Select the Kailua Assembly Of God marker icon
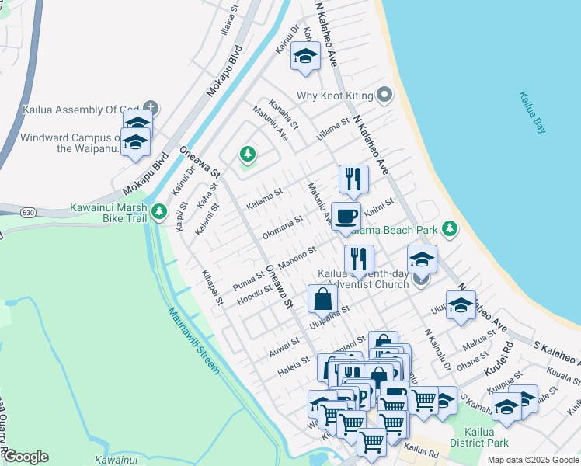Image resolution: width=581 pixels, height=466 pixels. [x=151, y=109]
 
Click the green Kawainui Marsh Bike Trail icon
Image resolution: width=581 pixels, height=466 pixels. [x=159, y=211]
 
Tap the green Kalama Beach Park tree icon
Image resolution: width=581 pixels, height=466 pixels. [x=449, y=228]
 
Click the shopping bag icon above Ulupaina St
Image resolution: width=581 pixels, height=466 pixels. [x=322, y=299]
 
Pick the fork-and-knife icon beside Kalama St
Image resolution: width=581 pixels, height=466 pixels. [x=353, y=179]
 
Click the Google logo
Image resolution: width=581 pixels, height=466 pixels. [x=26, y=457]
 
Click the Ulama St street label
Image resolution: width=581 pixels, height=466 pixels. [x=332, y=129]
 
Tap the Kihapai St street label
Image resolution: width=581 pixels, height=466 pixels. [x=213, y=287]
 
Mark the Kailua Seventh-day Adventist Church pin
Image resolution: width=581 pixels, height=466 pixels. [x=421, y=279]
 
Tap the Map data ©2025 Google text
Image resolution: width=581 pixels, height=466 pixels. [x=531, y=460]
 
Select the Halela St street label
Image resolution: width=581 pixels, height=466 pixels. [x=294, y=369]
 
